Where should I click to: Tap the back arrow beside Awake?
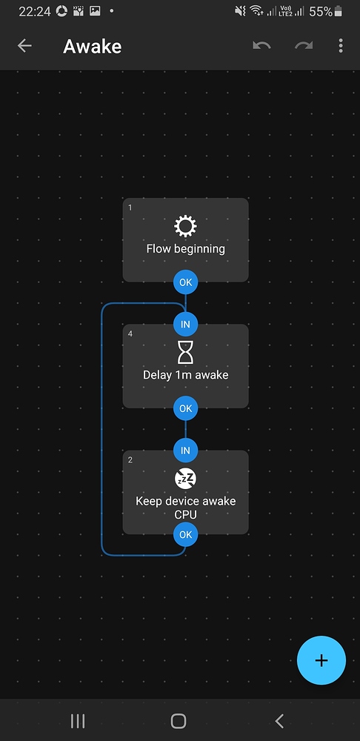click(x=24, y=46)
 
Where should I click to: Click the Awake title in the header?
click(x=92, y=46)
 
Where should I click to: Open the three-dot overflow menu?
click(x=341, y=46)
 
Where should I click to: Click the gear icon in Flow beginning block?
click(x=185, y=226)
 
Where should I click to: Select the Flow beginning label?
click(x=185, y=249)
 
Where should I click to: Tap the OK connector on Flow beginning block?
click(x=185, y=282)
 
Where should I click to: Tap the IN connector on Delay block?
click(x=185, y=324)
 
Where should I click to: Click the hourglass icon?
click(x=185, y=353)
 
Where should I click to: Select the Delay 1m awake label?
click(x=185, y=375)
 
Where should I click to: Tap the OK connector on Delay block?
click(x=185, y=408)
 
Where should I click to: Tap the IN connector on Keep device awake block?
click(x=185, y=450)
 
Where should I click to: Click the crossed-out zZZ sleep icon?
click(x=185, y=479)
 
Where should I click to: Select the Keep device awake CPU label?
click(x=185, y=508)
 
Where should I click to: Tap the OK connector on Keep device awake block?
click(x=185, y=534)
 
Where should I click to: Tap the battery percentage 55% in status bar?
click(x=321, y=11)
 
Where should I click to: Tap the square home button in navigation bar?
click(x=179, y=720)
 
